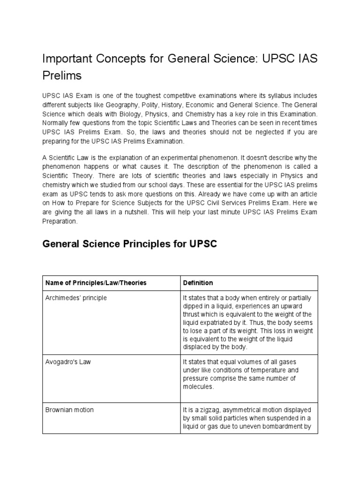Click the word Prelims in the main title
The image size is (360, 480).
[62, 75]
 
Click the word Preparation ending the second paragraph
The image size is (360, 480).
[60, 221]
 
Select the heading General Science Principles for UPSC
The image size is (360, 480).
[130, 245]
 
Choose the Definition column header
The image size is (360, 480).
[198, 283]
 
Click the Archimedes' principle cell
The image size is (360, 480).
[76, 298]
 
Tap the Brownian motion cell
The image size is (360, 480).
[69, 410]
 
